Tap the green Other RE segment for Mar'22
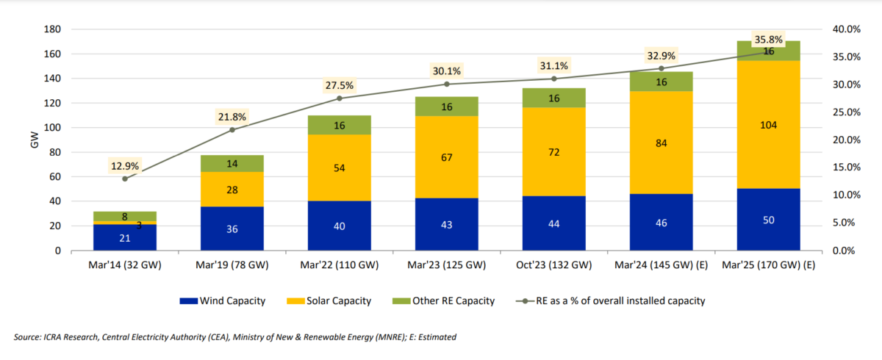(339, 125)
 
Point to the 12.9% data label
(124, 166)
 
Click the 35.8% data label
(768, 39)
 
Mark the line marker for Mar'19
(232, 130)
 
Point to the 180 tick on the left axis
(52, 29)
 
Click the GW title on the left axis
(34, 140)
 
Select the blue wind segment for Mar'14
(124, 237)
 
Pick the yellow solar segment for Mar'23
(446, 156)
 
